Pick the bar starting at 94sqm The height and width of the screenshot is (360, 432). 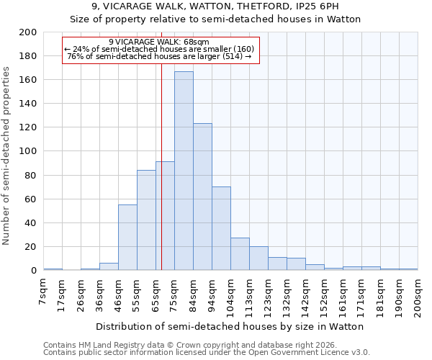point(221,228)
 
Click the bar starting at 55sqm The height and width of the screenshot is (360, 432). point(146,220)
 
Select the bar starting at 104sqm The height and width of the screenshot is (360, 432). point(240,253)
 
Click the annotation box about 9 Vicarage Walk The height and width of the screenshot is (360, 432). point(159,50)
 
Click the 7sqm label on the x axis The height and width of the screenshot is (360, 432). point(44,293)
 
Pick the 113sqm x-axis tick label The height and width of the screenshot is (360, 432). point(250,295)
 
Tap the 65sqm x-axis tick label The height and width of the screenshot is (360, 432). point(156,294)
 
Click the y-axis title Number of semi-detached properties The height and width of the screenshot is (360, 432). point(7,156)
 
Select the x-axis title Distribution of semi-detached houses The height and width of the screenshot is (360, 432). point(230,326)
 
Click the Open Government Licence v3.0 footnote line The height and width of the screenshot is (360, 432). point(207,352)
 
